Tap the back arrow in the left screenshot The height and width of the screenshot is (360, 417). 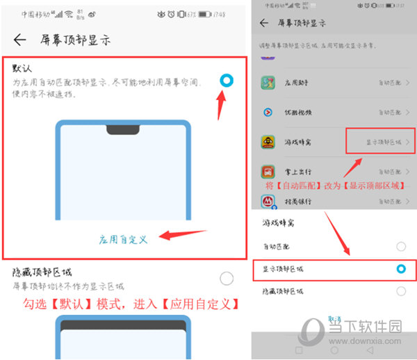tap(19, 40)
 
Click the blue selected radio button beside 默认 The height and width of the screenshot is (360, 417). tap(227, 81)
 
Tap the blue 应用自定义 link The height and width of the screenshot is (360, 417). tap(123, 239)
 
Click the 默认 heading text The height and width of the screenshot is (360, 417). tap(22, 70)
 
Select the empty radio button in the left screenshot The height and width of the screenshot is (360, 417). tap(227, 279)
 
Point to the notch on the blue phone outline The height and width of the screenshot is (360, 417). tap(122, 129)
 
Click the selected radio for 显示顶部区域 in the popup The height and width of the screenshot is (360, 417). tap(400, 268)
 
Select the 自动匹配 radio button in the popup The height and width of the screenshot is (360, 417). tap(400, 246)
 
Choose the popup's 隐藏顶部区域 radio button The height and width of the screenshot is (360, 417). tap(400, 291)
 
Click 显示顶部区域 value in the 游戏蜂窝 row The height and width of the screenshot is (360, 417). tap(384, 142)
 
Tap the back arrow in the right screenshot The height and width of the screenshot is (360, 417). tap(263, 23)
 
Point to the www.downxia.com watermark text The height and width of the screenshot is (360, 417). tap(379, 341)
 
